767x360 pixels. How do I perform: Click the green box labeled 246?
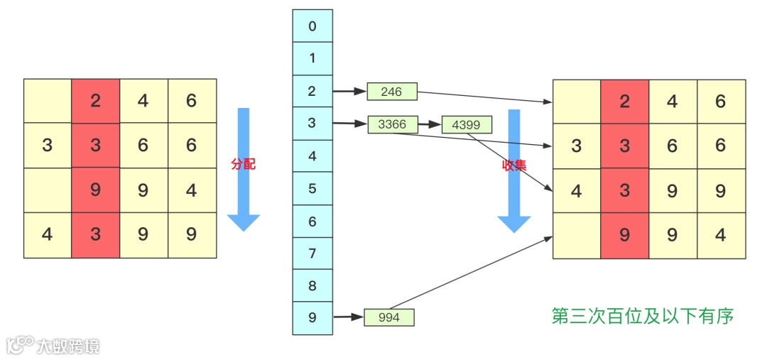coord(391,91)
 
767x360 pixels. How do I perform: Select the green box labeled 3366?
coord(392,124)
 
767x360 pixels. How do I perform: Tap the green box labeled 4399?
coord(466,125)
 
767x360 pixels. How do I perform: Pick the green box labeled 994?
coord(389,317)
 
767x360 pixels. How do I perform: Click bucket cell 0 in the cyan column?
coord(312,26)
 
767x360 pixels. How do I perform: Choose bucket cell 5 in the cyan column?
coord(312,189)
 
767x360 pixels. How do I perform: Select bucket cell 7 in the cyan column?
coord(312,253)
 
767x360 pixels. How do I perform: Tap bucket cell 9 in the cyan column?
coord(312,318)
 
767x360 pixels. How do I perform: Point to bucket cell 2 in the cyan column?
coord(312,92)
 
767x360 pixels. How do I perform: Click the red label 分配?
coord(243,164)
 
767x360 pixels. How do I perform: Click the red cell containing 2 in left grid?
coord(95,101)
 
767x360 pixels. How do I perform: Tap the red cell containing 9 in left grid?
coord(95,190)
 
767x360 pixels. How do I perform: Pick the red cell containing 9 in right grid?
coord(624,235)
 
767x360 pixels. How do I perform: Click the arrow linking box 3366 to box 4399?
coord(429,124)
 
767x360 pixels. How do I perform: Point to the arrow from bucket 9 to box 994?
coord(348,317)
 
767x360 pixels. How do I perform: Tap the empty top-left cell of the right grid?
coord(576,101)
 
